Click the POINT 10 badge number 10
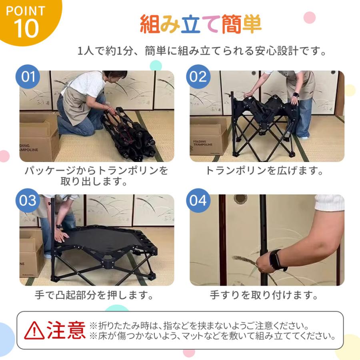point(26,28)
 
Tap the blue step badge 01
point(28,76)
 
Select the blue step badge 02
point(198,76)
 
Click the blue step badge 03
point(28,200)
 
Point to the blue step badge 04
point(198,200)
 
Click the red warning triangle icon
point(34,330)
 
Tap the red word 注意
point(66,330)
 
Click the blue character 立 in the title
point(190,24)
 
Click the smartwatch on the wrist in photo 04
point(276,260)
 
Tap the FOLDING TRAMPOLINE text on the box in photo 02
point(203,143)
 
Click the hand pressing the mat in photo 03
point(61,236)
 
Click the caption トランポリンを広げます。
point(264,170)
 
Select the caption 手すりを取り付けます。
point(264,295)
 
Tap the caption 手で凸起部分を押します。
point(94,295)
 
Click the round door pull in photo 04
point(240,198)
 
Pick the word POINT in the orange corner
point(26,11)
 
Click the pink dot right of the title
point(310,18)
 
